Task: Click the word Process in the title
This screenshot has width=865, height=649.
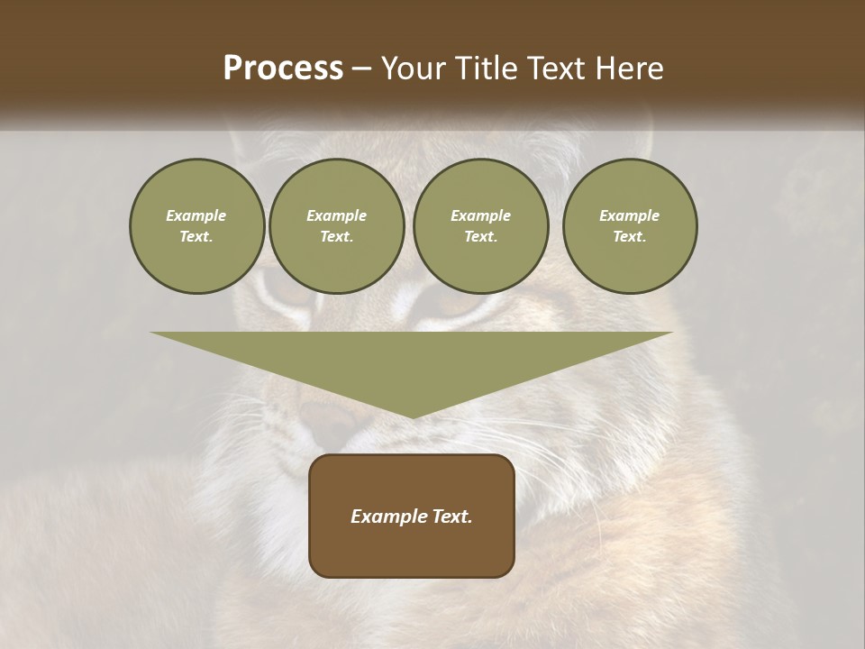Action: [x=283, y=69]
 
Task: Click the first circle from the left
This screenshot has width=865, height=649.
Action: [x=196, y=226]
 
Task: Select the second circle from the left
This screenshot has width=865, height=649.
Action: [x=336, y=226]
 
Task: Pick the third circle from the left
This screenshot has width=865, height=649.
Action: [x=480, y=226]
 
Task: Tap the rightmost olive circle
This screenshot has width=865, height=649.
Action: [x=629, y=226]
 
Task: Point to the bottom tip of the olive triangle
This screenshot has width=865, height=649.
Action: [x=412, y=417]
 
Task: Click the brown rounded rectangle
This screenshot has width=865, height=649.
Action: [x=412, y=516]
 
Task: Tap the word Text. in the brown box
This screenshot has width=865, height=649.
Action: [x=451, y=516]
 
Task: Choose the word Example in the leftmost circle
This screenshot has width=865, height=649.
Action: [x=196, y=216]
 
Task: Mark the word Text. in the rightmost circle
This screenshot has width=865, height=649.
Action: [x=629, y=237]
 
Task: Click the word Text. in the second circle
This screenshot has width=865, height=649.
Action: [x=336, y=237]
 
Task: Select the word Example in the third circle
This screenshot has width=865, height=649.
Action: [x=480, y=216]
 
